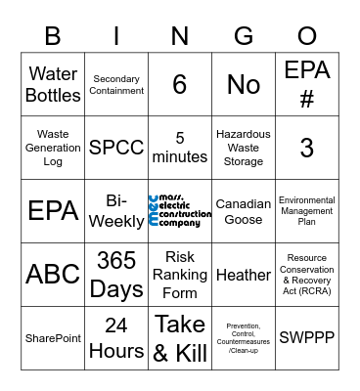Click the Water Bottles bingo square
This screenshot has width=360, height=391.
click(53, 84)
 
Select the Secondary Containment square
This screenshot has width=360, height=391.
click(116, 84)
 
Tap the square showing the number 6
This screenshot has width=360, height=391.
click(180, 84)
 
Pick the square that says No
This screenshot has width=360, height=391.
click(244, 84)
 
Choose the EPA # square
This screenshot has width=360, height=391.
click(307, 84)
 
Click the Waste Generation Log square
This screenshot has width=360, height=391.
click(53, 148)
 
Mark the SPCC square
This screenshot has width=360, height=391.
click(116, 148)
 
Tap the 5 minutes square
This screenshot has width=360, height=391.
click(180, 148)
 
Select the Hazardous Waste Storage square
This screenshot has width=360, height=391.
click(244, 148)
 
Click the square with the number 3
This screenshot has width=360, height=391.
click(307, 148)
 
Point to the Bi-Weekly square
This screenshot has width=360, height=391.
click(116, 211)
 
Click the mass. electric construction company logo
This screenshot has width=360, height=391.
click(180, 211)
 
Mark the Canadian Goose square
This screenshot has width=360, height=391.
click(244, 211)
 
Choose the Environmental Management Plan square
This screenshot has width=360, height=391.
click(307, 211)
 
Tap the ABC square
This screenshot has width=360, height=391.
click(53, 275)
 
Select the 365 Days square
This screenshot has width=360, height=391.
click(116, 275)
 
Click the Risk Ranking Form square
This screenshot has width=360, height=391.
click(180, 275)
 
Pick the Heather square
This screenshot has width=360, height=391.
click(244, 275)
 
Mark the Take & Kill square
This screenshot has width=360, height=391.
click(180, 338)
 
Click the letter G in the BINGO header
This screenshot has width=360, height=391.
click(244, 36)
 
